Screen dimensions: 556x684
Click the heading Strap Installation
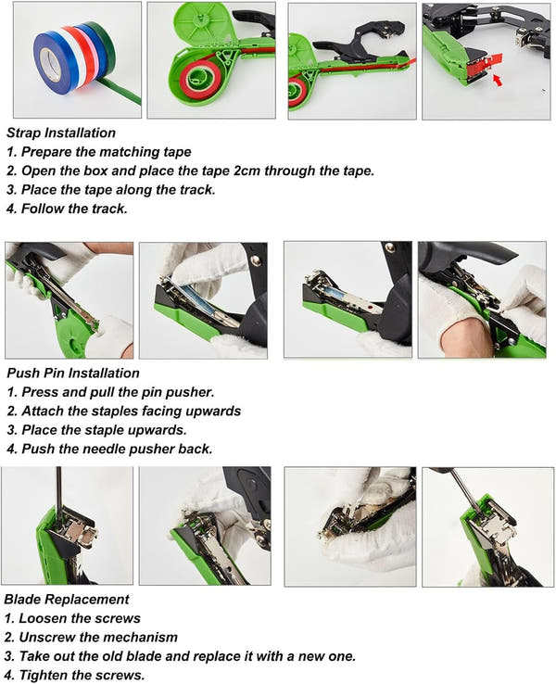pyautogui.click(x=61, y=133)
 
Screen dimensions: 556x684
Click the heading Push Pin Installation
pyautogui.click(x=73, y=373)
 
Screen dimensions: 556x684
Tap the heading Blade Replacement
pyautogui.click(x=67, y=599)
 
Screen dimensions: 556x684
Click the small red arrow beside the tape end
pyautogui.click(x=498, y=81)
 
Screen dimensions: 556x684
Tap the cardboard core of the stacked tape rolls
pyautogui.click(x=50, y=64)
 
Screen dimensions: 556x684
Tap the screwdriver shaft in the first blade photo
pyautogui.click(x=59, y=494)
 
